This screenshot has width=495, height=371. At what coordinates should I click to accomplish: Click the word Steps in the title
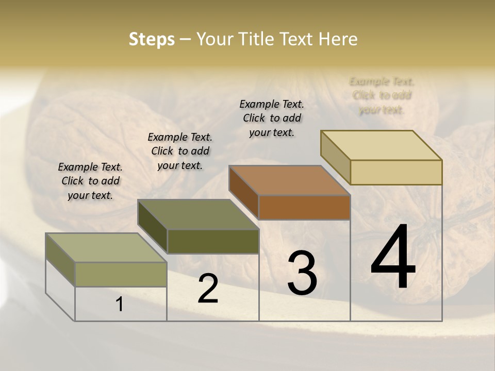tap(152, 39)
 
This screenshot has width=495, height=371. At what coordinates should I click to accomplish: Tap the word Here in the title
tap(338, 39)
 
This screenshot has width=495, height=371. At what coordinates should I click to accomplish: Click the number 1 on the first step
tap(119, 305)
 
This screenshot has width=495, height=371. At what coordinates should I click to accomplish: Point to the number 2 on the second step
tap(208, 289)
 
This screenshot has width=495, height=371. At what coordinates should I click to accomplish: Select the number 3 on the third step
tap(302, 273)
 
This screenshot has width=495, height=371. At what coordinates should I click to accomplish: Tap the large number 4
tap(393, 258)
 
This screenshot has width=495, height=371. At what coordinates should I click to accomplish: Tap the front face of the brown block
tap(304, 208)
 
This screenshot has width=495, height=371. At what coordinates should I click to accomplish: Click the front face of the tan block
tap(396, 172)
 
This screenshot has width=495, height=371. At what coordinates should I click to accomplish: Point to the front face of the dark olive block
tap(213, 241)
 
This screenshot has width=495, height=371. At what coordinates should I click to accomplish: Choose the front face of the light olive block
tap(121, 274)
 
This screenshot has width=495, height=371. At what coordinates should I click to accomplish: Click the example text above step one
tap(90, 181)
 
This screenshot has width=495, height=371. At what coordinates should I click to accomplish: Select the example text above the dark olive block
tap(180, 151)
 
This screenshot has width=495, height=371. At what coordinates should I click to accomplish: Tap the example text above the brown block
tap(272, 118)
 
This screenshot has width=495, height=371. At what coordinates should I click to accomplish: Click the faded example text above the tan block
tap(382, 95)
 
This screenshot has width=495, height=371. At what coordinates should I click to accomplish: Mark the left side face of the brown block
tap(243, 192)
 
